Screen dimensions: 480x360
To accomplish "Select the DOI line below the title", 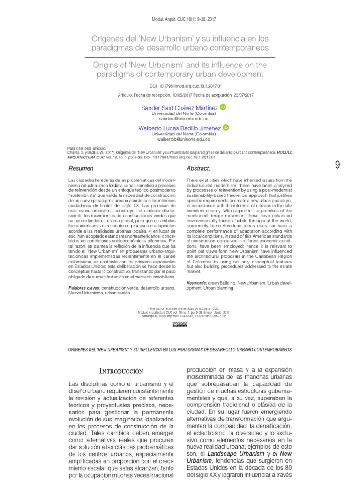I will click(x=180, y=86).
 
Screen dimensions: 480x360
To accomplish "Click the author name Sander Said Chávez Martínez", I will click(x=180, y=108).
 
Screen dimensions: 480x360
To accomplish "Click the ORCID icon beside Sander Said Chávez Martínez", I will click(x=223, y=107).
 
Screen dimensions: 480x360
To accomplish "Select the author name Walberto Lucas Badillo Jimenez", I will click(x=180, y=128).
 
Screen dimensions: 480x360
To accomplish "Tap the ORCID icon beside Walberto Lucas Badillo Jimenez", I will click(x=225, y=127).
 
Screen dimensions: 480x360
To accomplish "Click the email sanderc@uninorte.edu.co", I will click(x=180, y=119).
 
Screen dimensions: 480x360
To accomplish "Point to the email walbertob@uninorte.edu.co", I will click(x=180, y=139).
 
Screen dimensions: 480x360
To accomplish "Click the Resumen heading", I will click(x=81, y=168).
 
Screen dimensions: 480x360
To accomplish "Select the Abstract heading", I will click(x=198, y=168).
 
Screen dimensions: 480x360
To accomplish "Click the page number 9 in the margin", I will click(x=337, y=165).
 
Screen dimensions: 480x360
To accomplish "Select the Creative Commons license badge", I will click(x=180, y=323).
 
